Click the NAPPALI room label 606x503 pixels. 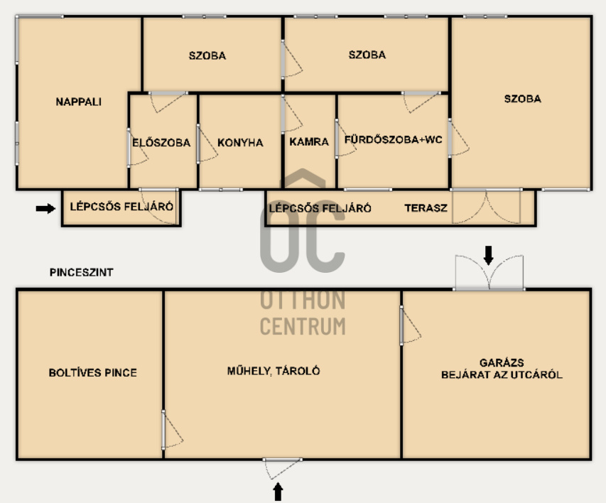[x=78, y=102]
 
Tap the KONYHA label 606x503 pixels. [x=240, y=143]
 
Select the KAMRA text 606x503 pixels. [x=309, y=142]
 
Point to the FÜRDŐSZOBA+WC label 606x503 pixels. [x=393, y=139]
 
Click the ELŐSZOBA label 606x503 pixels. [x=161, y=142]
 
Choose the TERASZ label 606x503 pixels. [x=426, y=208]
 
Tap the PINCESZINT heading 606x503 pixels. [x=81, y=272]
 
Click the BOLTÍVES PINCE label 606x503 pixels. [x=93, y=372]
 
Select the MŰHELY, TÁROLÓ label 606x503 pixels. [x=274, y=371]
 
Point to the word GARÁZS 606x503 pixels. [x=502, y=362]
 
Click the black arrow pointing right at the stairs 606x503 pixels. [x=45, y=208]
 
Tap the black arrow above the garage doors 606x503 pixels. [x=489, y=255]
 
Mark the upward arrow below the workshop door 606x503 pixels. [x=278, y=492]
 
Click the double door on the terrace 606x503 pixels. [x=486, y=207]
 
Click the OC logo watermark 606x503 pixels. [x=302, y=220]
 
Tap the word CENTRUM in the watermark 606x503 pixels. [x=303, y=326]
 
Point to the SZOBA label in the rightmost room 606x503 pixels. [x=522, y=99]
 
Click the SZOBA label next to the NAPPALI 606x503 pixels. [x=207, y=55]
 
